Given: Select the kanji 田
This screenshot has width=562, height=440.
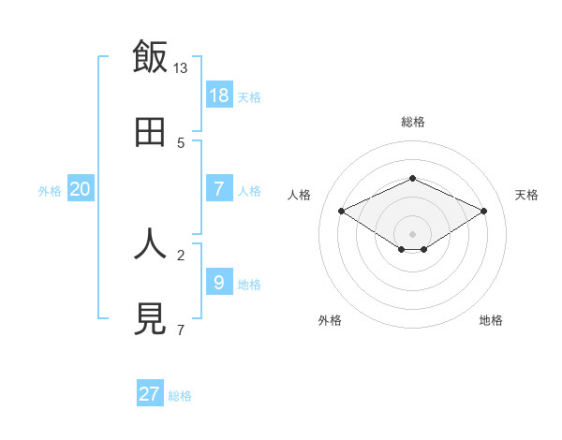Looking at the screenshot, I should pos(150,132).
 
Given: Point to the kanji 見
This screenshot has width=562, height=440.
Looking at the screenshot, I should pos(150,319).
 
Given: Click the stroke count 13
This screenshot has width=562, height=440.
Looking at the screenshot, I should pos(181,67).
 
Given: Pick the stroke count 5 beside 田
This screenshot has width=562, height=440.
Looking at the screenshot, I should pos(181,143).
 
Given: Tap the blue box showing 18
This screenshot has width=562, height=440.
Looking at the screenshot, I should pos(219,95).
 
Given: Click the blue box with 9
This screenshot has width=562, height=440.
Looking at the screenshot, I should pos(219,282).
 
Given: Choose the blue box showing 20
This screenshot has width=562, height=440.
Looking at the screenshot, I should pos(81,189).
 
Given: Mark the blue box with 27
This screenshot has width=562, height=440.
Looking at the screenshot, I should pos(150,394).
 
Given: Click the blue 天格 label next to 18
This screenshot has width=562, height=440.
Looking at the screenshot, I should pos(249,97).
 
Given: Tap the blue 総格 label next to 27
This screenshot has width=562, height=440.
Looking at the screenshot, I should pos(180,396).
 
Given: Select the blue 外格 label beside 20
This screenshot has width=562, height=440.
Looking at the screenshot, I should pos(50,191).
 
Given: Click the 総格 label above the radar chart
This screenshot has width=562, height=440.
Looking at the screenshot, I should pos(412,122).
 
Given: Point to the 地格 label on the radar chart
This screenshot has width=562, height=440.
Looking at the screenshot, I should pos(491,320).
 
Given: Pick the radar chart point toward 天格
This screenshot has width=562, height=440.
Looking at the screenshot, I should pos(483,211).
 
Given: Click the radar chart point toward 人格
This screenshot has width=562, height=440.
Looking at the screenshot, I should pos(341,211).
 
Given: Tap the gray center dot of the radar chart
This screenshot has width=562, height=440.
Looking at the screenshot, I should pos(412,233).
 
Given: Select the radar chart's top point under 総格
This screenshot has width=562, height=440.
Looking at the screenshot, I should pos(412,178).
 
